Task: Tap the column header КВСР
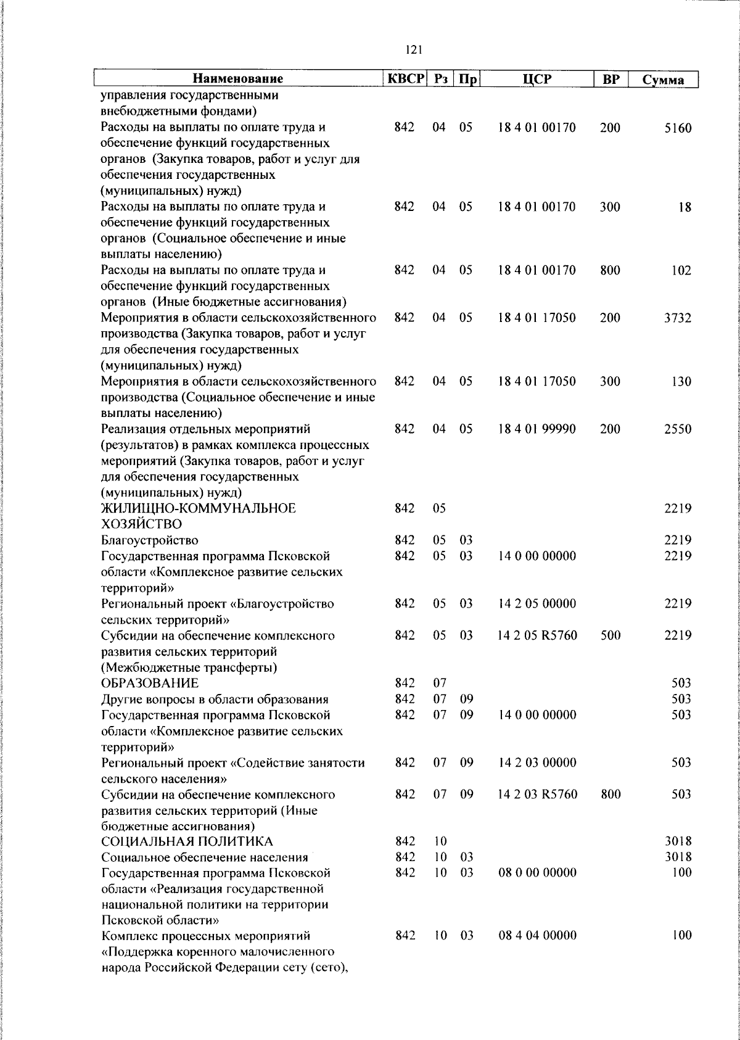click(x=405, y=79)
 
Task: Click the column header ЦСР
click(x=536, y=79)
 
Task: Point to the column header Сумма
click(x=663, y=80)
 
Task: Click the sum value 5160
click(x=678, y=128)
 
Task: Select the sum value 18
click(x=684, y=208)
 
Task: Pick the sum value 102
click(x=681, y=271)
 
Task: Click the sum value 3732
click(x=678, y=318)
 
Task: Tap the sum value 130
click(x=681, y=382)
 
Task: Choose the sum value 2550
click(x=678, y=429)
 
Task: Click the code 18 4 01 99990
click(x=536, y=429)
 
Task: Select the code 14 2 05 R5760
click(x=537, y=635)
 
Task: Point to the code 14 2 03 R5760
click(x=537, y=794)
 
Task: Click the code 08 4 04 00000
click(x=537, y=936)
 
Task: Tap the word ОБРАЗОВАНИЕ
click(x=150, y=683)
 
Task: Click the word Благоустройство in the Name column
click(x=150, y=540)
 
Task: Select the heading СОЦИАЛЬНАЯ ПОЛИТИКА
click(x=187, y=841)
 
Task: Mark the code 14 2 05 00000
click(x=536, y=603)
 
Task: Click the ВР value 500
click(x=610, y=635)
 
